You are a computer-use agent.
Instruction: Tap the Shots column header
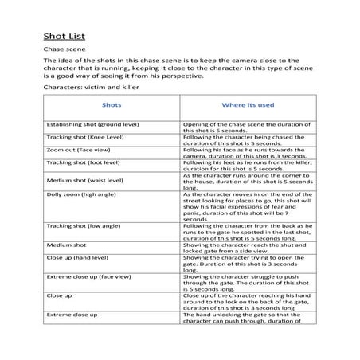pyautogui.click(x=112, y=104)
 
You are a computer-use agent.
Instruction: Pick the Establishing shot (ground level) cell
pyautogui.click(x=92, y=125)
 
